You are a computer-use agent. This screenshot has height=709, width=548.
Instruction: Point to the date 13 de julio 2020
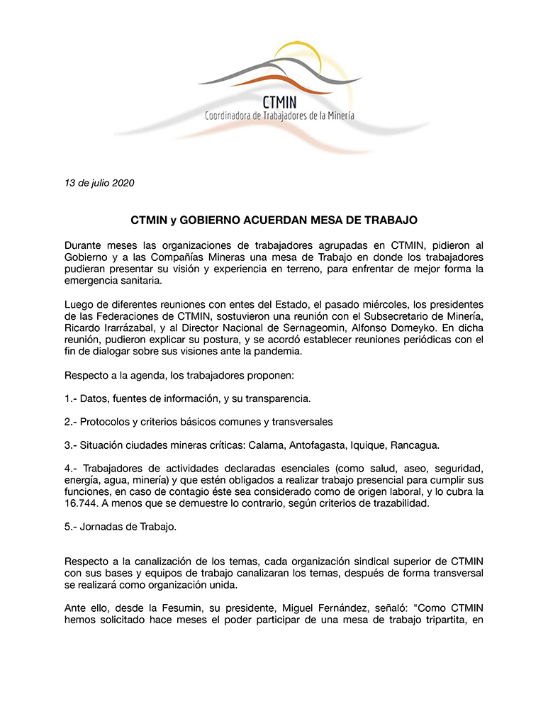99,183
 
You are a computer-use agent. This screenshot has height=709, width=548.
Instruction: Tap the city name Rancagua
414,446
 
